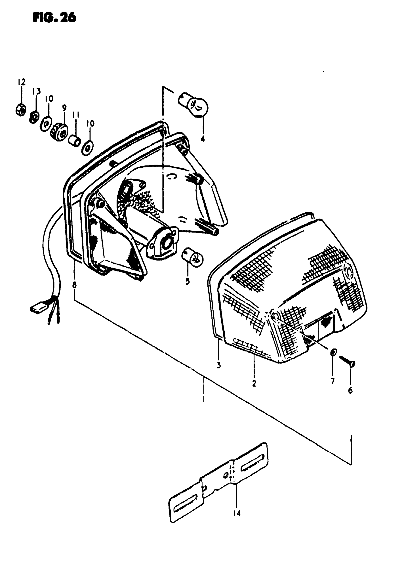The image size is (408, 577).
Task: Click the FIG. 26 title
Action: coord(54,18)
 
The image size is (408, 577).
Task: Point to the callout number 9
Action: coord(64,108)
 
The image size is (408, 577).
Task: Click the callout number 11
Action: coord(76,116)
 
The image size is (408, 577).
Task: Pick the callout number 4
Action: coord(203,138)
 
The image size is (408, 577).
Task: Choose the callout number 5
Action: coord(187,282)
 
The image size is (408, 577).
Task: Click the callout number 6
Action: coord(350,390)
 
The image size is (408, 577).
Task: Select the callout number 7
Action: coord(333,381)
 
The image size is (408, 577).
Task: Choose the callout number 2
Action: coord(254,384)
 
